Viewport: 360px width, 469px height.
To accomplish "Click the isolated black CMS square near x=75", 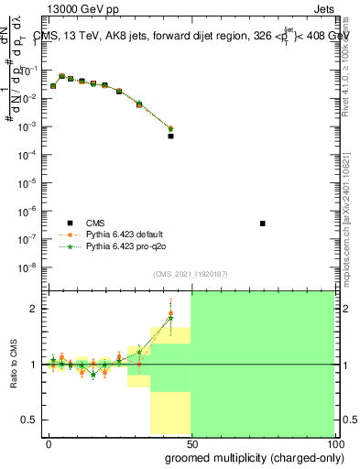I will [x=263, y=224].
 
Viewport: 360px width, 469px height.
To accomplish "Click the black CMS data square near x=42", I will [x=170, y=136].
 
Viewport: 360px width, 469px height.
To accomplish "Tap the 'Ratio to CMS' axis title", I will [x=13, y=364].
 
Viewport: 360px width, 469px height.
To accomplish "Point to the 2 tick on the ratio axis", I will [x=32, y=309].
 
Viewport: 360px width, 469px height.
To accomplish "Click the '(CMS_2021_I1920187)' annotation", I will [x=191, y=274].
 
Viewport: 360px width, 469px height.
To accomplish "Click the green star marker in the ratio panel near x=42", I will [x=170, y=318].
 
